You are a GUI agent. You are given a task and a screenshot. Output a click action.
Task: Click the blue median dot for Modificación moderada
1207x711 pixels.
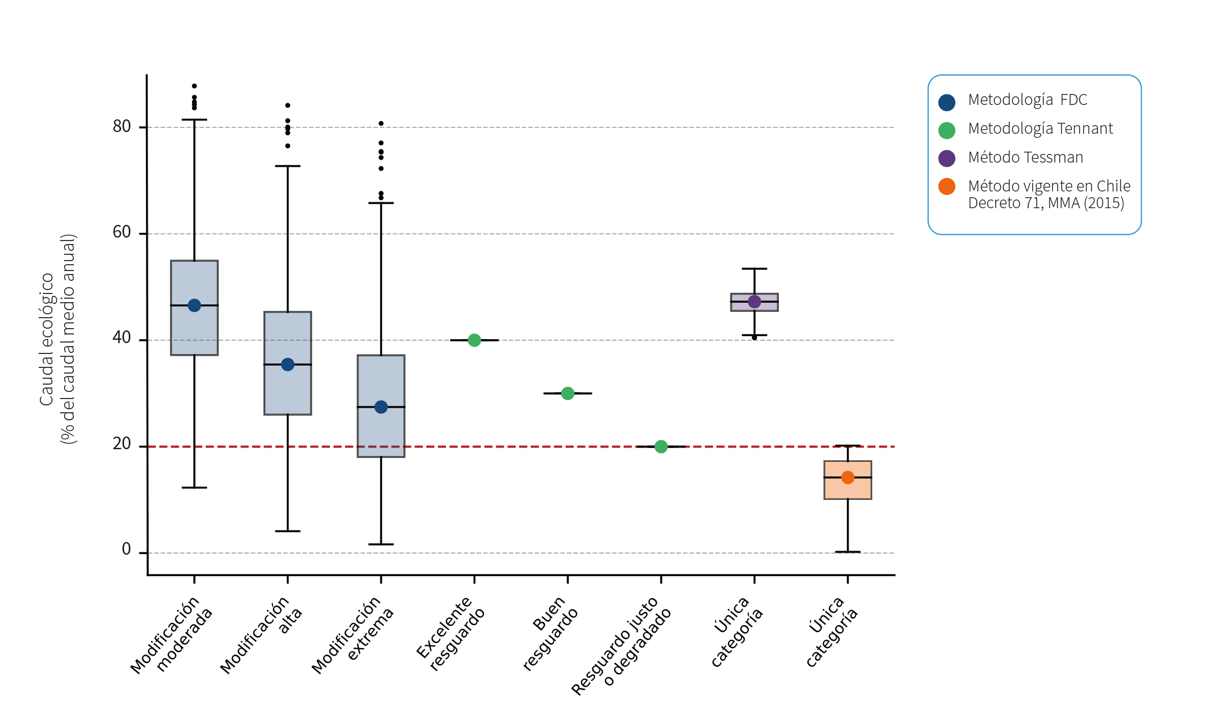194,306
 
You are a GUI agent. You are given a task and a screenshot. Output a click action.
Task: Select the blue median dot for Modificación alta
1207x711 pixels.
288,364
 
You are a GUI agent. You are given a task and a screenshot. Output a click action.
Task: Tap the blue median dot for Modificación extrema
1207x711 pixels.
381,407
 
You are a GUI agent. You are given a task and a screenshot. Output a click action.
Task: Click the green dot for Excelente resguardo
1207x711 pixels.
474,340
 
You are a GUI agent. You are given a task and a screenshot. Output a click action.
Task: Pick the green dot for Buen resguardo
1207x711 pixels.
568,393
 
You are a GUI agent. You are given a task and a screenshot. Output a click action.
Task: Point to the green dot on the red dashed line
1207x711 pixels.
661,447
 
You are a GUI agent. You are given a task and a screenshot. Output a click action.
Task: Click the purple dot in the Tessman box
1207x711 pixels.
754,302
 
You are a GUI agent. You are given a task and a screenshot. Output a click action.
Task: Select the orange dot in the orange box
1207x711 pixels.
848,477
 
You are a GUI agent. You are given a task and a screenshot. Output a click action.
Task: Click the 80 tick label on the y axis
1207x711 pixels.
122,126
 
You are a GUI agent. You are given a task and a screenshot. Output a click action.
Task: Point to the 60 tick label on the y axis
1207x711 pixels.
122,232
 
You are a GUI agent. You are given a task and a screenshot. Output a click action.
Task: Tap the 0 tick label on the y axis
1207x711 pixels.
126,550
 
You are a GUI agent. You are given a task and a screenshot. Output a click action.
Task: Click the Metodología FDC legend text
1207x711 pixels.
1028,100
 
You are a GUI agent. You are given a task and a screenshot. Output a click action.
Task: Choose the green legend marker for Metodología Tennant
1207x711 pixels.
947,130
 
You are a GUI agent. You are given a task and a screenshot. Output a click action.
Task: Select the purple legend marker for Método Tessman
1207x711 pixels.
947,159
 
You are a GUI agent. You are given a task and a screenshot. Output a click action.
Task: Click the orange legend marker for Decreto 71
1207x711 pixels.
947,187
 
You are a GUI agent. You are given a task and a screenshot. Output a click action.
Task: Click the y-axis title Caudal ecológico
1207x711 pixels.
47,339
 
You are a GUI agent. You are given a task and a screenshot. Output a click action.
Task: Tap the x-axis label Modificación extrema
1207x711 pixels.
353,634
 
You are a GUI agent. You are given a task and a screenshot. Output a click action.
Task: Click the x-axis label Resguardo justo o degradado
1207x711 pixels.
622,646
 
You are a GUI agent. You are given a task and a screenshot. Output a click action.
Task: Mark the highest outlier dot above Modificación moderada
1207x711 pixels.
194,86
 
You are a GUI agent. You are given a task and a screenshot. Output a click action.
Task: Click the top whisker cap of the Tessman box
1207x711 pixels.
754,269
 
